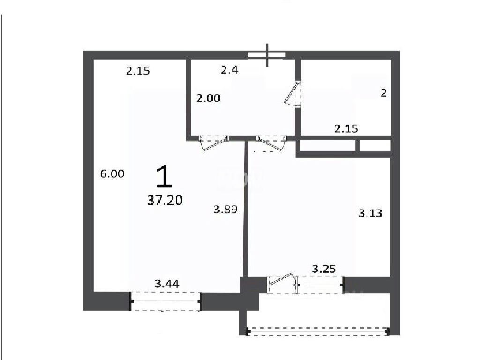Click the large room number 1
tap(164, 176)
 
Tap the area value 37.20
tap(165, 201)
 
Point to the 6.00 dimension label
tap(112, 174)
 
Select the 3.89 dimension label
tap(225, 210)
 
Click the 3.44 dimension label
tap(167, 284)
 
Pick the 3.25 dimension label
tap(324, 269)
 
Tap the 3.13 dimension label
tap(370, 213)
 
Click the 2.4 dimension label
tap(229, 70)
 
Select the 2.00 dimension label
tap(209, 98)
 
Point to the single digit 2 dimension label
tap(383, 93)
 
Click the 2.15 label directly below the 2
tap(346, 128)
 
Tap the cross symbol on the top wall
tap(267, 55)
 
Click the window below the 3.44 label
tap(165, 301)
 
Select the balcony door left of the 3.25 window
tap(282, 285)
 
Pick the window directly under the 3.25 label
tap(320, 285)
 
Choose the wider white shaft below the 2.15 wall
tap(327, 146)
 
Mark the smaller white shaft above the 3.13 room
tap(375, 146)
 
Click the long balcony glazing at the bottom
tap(318, 331)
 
